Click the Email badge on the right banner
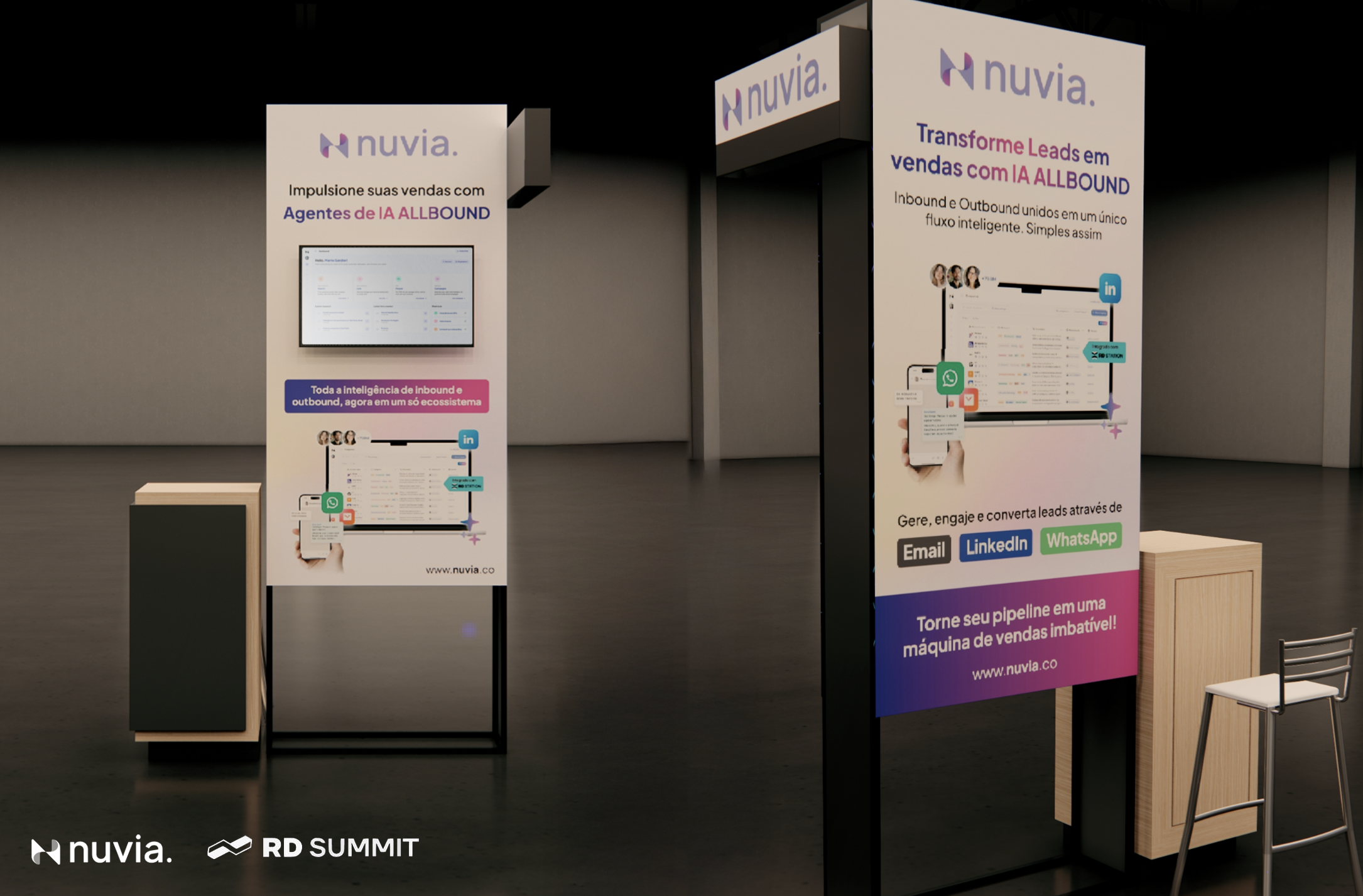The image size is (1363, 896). coord(923,552)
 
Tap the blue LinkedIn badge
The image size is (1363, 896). coord(996,545)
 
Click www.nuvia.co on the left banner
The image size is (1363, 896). coord(460,570)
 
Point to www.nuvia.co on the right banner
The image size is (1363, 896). coord(1014,669)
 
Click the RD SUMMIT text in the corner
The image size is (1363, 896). coord(340,848)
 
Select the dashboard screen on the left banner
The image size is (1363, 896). coord(386,295)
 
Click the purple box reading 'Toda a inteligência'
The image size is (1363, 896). coord(386,396)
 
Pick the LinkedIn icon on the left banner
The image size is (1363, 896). coord(468,439)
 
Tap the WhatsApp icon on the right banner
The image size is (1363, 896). coord(950,378)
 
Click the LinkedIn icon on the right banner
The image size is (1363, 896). coord(1110,288)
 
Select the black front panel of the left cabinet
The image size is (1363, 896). coord(188,616)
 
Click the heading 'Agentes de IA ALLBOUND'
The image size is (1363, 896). coord(386,214)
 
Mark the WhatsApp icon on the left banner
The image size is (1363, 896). coord(332,502)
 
